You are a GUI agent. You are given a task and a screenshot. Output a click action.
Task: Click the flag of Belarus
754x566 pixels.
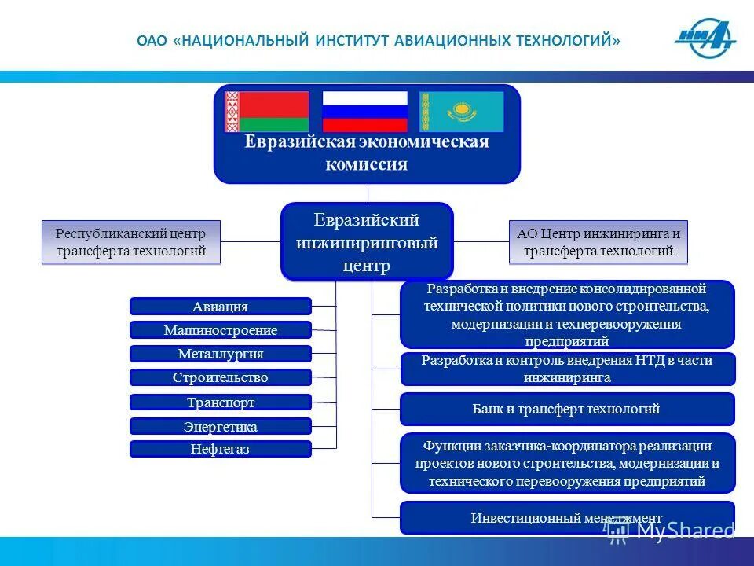tap(266, 112)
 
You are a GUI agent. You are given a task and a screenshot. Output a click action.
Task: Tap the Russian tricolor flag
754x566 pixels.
tap(365, 112)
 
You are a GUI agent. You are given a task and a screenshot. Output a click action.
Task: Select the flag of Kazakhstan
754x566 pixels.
tap(461, 112)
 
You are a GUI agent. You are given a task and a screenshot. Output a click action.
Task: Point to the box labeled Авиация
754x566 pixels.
tap(220, 307)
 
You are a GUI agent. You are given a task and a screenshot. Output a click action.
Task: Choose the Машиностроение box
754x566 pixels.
tap(220, 330)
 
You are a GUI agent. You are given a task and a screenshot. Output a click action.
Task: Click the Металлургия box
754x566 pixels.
tap(220, 354)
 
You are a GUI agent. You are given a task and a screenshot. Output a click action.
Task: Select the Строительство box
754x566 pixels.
tap(220, 377)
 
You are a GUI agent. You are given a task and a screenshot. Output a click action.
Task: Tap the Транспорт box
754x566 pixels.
tap(220, 402)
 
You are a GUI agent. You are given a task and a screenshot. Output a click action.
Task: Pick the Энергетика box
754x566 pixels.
tap(220, 427)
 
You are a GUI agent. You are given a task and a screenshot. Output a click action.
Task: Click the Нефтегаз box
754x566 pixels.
tap(220, 450)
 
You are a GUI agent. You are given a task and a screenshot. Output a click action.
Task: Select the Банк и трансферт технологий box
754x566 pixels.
tap(566, 409)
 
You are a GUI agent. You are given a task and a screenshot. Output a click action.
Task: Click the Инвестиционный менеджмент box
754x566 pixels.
tap(566, 518)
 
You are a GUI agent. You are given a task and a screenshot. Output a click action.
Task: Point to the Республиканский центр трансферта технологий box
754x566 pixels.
tap(130, 241)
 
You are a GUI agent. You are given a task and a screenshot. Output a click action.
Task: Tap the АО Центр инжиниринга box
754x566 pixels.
tap(598, 242)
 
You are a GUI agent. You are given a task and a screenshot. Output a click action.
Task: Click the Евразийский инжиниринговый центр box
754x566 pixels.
tap(367, 242)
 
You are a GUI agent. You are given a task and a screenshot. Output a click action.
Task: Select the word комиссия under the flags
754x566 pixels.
tap(367, 164)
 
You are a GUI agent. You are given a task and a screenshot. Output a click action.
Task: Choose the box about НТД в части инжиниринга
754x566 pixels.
tap(566, 369)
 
